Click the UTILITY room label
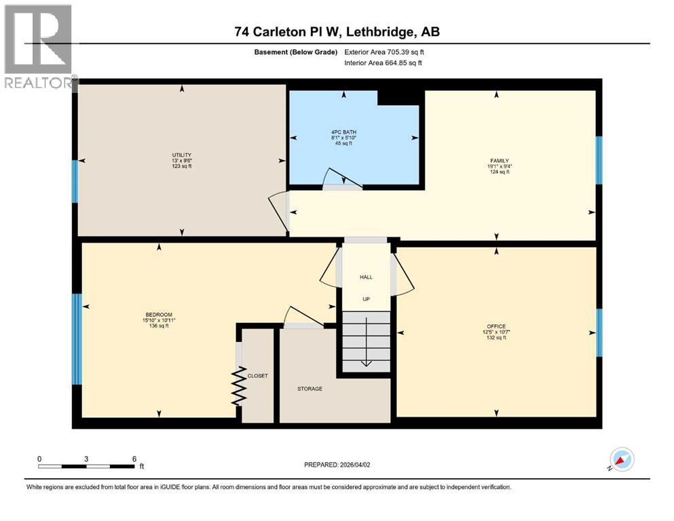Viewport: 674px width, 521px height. tap(181, 155)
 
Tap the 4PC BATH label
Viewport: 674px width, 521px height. tap(349, 132)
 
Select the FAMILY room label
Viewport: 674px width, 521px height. tap(499, 161)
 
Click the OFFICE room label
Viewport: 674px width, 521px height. tap(496, 326)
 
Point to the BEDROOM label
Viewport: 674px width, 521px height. tap(159, 314)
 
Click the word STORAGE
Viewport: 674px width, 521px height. tap(310, 389)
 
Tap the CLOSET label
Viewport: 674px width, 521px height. tap(258, 376)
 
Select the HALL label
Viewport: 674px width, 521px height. tap(366, 277)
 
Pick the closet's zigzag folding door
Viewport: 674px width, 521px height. tap(238, 387)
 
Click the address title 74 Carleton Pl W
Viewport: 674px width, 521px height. tap(337, 33)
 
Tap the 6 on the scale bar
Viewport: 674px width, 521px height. tap(134, 459)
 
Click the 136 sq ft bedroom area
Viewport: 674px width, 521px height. tap(159, 326)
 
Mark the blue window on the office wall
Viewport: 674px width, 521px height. tap(599, 332)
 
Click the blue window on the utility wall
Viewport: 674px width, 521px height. tap(75, 182)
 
